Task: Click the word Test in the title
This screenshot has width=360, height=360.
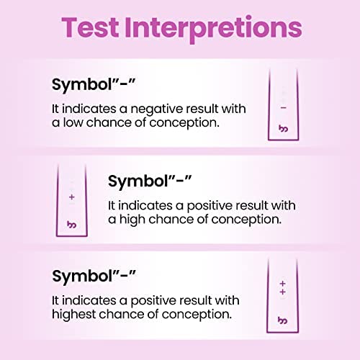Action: click(90, 27)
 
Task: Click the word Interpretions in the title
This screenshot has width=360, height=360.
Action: click(213, 29)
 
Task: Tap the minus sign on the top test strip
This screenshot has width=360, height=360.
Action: click(284, 108)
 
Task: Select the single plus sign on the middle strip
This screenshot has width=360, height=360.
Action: click(72, 197)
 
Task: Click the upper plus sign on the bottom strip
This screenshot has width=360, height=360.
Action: click(283, 284)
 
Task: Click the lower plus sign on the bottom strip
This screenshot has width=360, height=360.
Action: click(283, 292)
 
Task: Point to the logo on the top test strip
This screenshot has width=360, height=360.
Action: click(284, 129)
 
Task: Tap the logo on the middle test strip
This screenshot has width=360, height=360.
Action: click(71, 225)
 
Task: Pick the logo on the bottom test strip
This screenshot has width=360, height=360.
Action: click(282, 320)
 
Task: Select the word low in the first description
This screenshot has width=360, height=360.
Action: click(73, 122)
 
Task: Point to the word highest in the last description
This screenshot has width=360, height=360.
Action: click(73, 315)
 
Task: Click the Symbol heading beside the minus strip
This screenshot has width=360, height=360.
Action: click(94, 85)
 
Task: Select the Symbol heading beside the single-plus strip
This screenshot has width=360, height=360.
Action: click(150, 181)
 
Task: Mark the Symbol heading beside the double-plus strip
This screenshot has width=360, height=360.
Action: click(94, 276)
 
